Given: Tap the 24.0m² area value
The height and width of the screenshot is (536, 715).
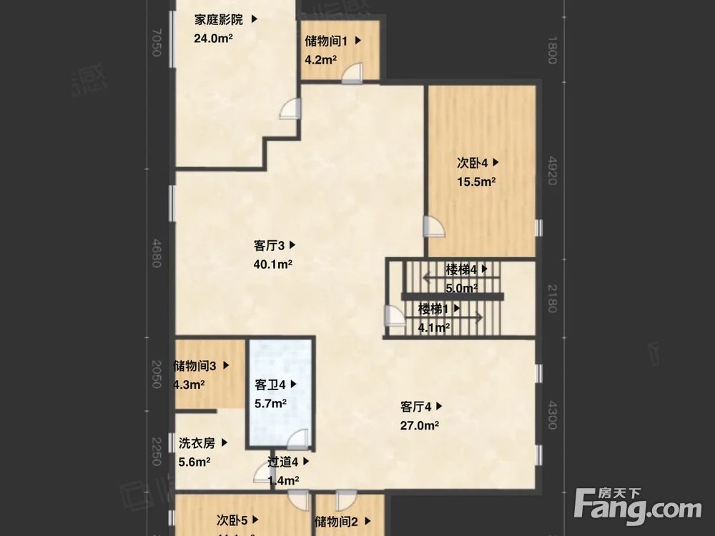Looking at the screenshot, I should [214, 39].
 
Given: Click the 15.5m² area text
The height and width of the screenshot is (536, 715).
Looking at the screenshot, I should [477, 182].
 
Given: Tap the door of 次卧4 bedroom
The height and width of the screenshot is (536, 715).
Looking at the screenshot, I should [433, 227].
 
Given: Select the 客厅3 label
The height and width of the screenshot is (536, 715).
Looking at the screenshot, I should [270, 245].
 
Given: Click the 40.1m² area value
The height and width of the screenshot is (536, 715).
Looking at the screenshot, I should [272, 264].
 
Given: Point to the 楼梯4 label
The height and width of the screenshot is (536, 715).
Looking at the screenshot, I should [461, 269].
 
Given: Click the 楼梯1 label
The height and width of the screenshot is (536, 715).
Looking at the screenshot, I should [434, 309].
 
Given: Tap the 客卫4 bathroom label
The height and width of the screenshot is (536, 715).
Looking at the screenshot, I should [270, 384].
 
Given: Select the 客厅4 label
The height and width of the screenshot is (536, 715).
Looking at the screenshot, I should [416, 407].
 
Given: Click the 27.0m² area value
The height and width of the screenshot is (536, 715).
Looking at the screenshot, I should [419, 425].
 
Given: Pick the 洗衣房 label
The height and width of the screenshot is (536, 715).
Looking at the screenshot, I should [197, 443].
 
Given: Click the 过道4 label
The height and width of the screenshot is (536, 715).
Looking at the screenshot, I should [283, 462].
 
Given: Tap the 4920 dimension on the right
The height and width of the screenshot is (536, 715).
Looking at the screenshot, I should [551, 172].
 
